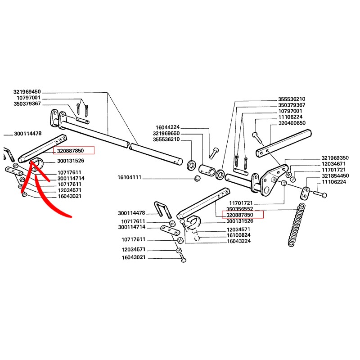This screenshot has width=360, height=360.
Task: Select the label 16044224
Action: pyautogui.click(x=167, y=127)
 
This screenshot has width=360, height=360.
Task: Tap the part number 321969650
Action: pyautogui.click(x=166, y=134)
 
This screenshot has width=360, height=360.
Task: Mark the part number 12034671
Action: pyautogui.click(x=333, y=164)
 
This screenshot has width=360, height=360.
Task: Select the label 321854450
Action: pyautogui.click(x=335, y=176)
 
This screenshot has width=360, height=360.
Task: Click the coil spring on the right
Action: pyautogui.click(x=297, y=225)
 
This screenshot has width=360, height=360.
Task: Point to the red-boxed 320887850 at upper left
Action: pyautogui.click(x=74, y=151)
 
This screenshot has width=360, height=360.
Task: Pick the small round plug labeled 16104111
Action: pyautogui.click(x=196, y=179)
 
